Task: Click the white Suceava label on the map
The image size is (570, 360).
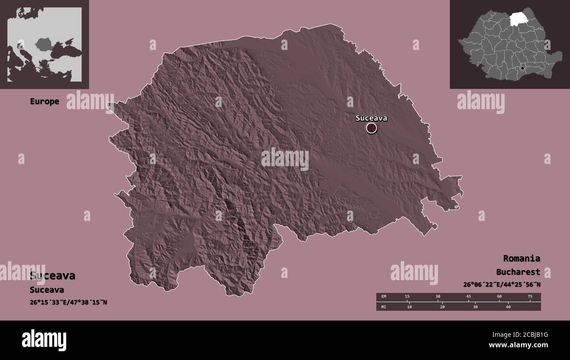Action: (x=371, y=118)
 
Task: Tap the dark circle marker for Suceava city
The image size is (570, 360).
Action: (x=371, y=128)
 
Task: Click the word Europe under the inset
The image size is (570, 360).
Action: (x=44, y=101)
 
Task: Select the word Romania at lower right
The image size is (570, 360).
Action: (x=521, y=258)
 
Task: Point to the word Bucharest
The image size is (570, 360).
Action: (x=518, y=272)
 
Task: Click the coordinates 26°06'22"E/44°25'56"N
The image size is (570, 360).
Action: (x=502, y=285)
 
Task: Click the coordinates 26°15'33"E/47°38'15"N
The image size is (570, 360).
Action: (x=68, y=302)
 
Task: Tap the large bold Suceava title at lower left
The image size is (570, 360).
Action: (x=53, y=276)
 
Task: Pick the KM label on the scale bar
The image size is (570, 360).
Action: (x=384, y=297)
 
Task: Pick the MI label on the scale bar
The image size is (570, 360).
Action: (x=384, y=307)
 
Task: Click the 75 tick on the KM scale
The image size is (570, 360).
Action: (x=530, y=297)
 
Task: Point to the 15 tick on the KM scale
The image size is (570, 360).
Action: (x=407, y=297)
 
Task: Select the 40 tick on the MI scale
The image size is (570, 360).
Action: (x=509, y=307)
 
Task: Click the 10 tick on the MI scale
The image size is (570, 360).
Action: (x=409, y=307)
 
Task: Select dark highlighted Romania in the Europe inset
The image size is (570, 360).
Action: (x=44, y=44)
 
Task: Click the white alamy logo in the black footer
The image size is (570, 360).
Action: (x=44, y=340)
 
